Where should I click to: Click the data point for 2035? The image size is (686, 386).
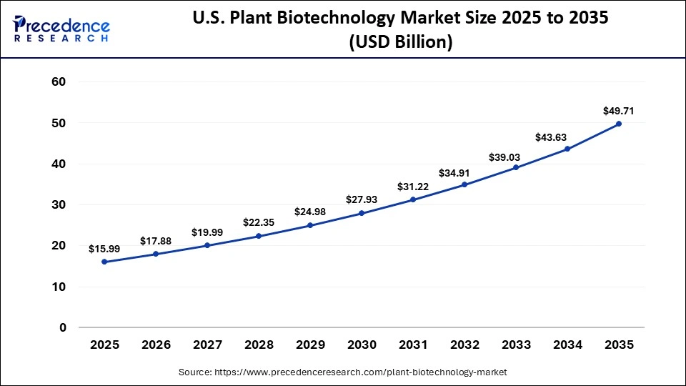[619, 124]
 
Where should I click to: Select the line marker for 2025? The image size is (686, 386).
[104, 262]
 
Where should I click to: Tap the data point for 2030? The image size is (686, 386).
[362, 213]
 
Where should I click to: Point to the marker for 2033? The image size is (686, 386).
[516, 167]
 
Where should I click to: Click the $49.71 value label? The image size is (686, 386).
[619, 111]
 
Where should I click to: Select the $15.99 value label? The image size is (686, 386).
[104, 249]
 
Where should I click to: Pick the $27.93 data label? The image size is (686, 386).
[362, 199]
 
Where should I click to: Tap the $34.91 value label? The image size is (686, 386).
[464, 172]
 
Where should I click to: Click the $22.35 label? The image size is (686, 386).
[259, 222]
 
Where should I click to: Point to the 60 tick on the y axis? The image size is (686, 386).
[59, 82]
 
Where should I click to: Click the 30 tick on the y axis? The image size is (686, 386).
[59, 205]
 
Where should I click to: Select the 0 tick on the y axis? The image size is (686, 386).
[62, 328]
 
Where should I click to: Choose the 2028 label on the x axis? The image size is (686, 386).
[259, 345]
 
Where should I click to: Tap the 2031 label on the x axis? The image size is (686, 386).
[413, 345]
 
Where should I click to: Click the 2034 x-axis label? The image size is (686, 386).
[567, 345]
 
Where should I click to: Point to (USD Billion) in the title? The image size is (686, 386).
[400, 43]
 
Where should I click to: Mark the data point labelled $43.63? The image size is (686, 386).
[567, 149]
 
